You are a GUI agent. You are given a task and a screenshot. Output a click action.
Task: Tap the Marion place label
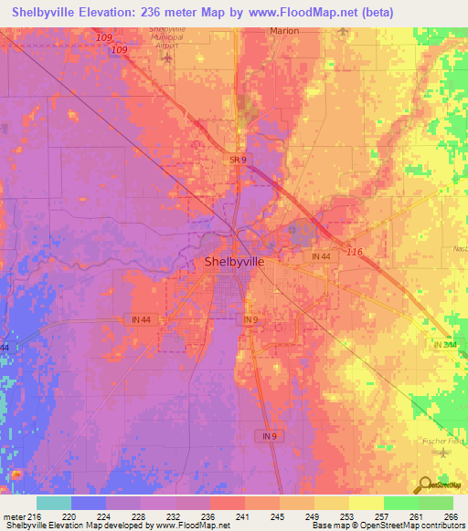tap(284, 30)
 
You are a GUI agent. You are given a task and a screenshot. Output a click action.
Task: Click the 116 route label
tap(355, 250)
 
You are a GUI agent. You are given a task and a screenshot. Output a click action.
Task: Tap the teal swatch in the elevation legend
tap(54, 503)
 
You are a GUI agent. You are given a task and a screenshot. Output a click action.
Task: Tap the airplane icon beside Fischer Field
tap(443, 453)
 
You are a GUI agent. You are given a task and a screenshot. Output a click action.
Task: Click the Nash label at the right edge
tap(459, 246)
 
